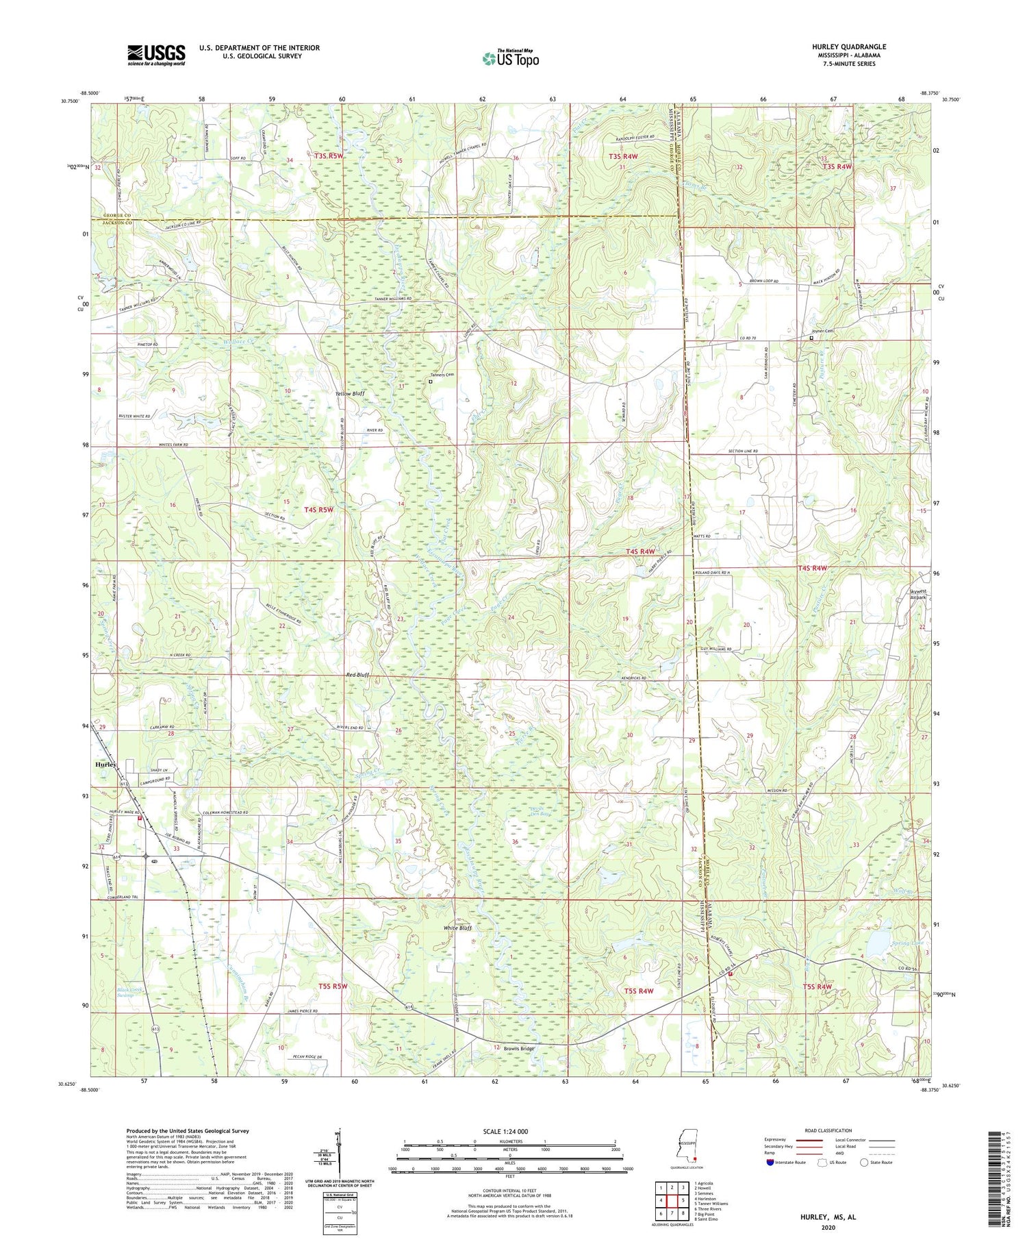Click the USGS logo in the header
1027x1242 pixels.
[156, 55]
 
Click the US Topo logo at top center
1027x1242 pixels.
[510, 59]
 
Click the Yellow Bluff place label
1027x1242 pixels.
[349, 394]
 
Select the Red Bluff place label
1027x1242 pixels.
[357, 675]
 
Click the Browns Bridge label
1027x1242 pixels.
[518, 1049]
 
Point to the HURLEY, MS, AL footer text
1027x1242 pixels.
[828, 1217]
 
